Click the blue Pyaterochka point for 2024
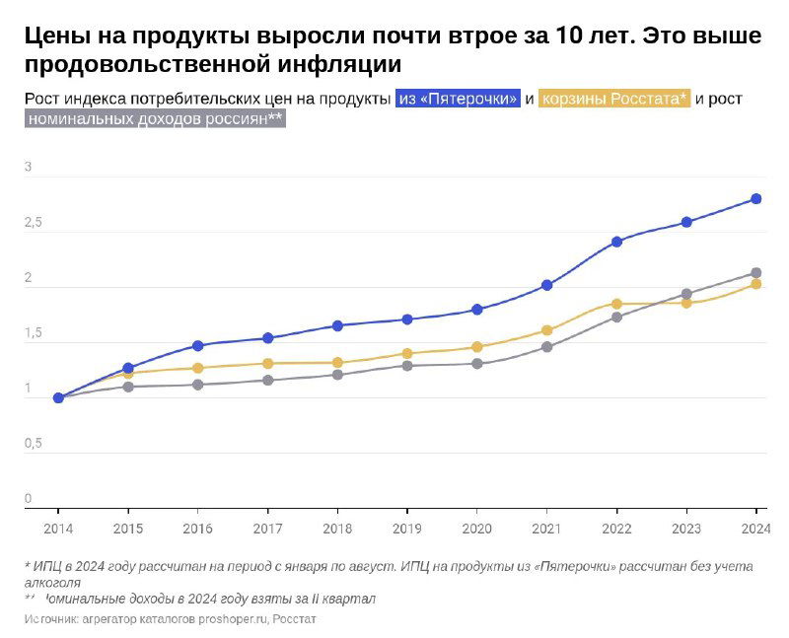(756, 199)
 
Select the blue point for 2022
(617, 242)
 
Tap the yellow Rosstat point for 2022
(617, 304)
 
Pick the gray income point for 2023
(686, 294)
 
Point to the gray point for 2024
(756, 273)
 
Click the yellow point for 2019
(407, 353)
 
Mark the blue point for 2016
(197, 346)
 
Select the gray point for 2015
(128, 387)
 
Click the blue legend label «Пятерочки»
(458, 99)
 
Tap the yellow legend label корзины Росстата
(614, 99)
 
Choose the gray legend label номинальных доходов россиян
(155, 119)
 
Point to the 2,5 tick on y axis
(34, 224)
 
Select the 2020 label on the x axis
(476, 529)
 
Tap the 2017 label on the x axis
(267, 529)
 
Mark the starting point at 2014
(58, 398)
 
